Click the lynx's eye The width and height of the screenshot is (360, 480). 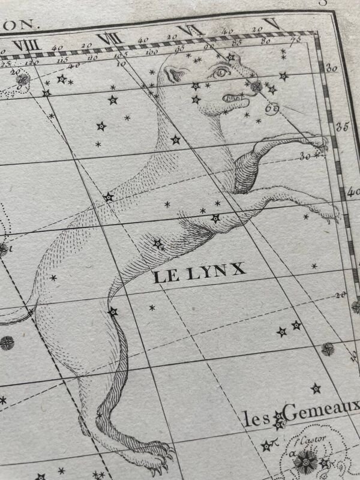[220, 73]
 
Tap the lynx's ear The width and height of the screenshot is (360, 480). [176, 75]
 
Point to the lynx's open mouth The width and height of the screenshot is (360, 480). [235, 97]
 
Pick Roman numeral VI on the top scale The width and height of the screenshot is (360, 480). [187, 31]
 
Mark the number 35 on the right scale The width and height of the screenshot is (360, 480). [343, 127]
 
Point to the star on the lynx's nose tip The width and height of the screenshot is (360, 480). [257, 86]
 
